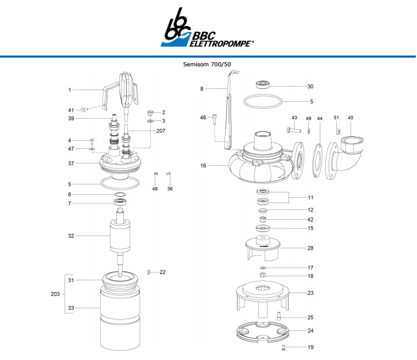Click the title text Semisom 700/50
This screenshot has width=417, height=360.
click(x=208, y=64)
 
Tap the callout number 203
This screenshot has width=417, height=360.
click(x=55, y=294)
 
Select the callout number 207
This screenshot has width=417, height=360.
click(x=161, y=130)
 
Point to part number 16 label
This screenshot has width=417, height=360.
click(x=203, y=166)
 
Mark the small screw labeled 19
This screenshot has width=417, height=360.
click(x=283, y=348)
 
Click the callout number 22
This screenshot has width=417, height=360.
click(x=163, y=272)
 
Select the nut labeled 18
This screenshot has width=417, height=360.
click(x=262, y=275)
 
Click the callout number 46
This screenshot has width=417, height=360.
click(x=203, y=117)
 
